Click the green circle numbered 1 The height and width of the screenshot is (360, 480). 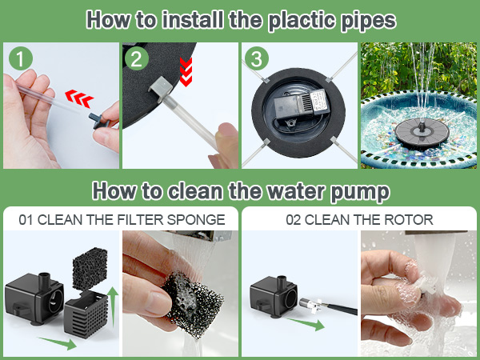pyautogui.click(x=21, y=58)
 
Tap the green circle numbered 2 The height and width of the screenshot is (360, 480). pyautogui.click(x=137, y=58)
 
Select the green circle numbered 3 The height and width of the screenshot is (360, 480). pyautogui.click(x=257, y=58)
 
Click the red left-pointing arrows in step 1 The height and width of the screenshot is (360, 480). pyautogui.click(x=79, y=98)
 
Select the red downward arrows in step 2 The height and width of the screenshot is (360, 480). pyautogui.click(x=186, y=72)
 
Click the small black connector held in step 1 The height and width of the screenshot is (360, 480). pyautogui.click(x=98, y=120)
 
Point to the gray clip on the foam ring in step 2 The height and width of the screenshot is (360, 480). pyautogui.click(x=161, y=88)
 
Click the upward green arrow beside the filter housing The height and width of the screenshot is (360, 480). pyautogui.click(x=114, y=307)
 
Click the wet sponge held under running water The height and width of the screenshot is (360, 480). pyautogui.click(x=193, y=304)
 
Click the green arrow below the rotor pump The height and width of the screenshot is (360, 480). pyautogui.click(x=306, y=323)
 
